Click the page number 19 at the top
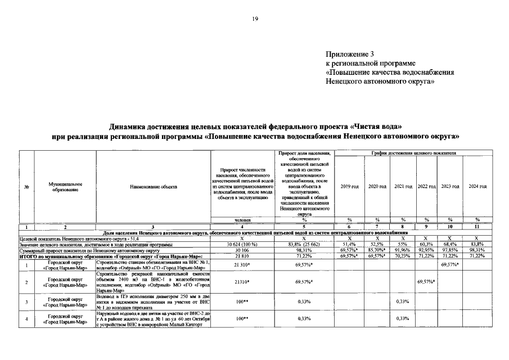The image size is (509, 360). click(255, 19)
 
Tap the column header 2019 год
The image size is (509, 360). click(349, 186)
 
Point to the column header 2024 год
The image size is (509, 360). click(477, 186)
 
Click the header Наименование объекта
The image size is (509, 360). click(153, 186)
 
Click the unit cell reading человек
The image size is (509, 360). click(243, 219)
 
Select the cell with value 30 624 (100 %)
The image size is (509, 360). click(243, 244)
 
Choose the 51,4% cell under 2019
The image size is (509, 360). click(349, 244)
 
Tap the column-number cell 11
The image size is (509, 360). click(477, 226)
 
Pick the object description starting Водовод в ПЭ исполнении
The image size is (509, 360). click(153, 301)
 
